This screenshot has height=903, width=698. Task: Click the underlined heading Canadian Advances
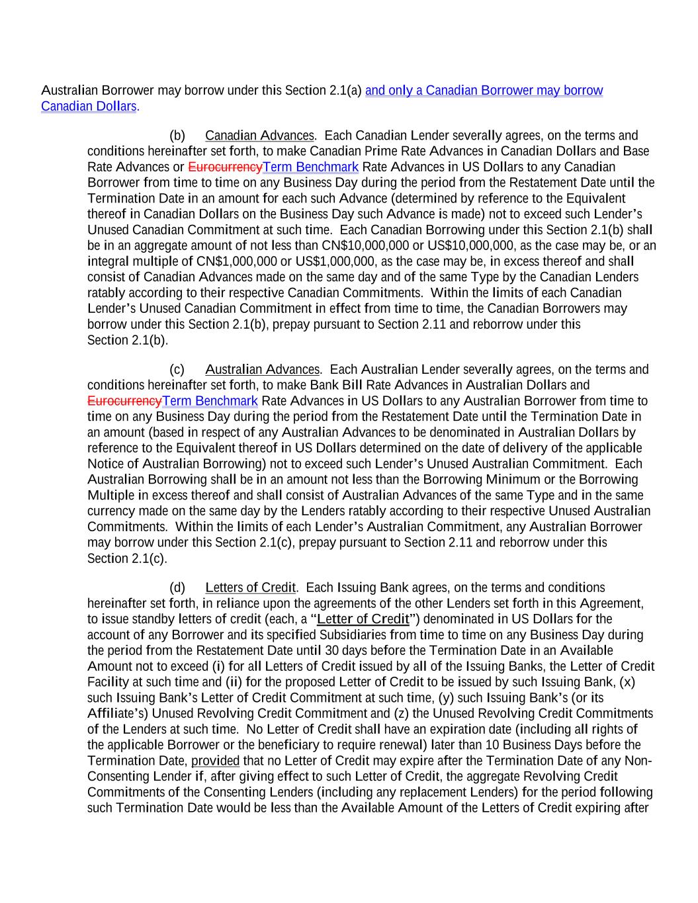pos(259,136)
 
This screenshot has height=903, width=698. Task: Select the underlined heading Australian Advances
pos(262,369)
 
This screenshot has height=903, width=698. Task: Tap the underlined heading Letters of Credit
pos(250,587)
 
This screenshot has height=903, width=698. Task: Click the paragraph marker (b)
pos(177,136)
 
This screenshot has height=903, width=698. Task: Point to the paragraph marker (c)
pos(177,369)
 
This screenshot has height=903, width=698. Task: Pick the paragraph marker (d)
pos(177,587)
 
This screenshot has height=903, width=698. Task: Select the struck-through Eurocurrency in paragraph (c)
pos(124,401)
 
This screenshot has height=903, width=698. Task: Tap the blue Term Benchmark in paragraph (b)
pos(310,167)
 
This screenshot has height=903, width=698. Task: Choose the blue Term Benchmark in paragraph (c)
pos(210,401)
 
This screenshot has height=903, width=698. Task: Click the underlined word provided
pos(215,761)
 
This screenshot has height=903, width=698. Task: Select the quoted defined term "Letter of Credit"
pos(364,619)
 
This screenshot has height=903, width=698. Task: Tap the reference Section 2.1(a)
pos(324,90)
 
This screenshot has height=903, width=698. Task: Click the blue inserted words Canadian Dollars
pos(89,107)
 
